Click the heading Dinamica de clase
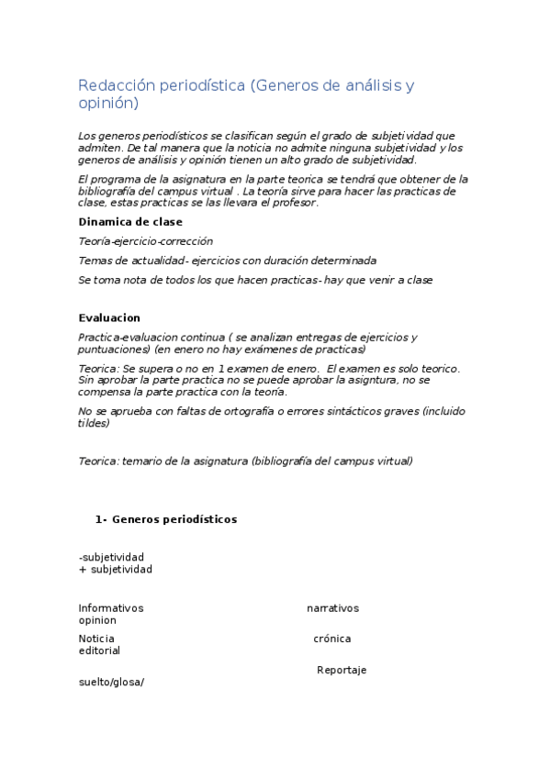(x=130, y=222)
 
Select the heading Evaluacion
(x=109, y=318)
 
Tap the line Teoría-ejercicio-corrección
(x=146, y=241)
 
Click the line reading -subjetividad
(x=111, y=557)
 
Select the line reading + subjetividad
(x=116, y=569)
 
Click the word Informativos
(x=111, y=608)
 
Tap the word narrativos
(x=332, y=608)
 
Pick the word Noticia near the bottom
(x=96, y=639)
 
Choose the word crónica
(x=331, y=639)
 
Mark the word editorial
(x=99, y=650)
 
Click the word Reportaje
(x=342, y=670)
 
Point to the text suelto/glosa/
(x=112, y=682)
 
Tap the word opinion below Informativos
(x=97, y=620)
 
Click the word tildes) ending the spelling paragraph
(x=95, y=423)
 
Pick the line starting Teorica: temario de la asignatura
(x=246, y=461)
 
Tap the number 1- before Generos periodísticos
(x=101, y=519)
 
